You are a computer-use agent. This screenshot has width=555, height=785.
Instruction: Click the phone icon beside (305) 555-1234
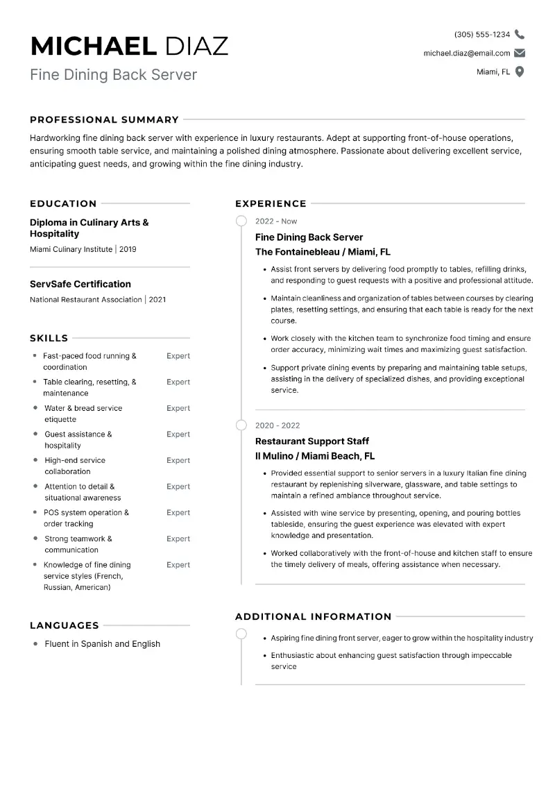coord(520,35)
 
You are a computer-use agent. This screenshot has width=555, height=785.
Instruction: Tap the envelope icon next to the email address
coord(520,53)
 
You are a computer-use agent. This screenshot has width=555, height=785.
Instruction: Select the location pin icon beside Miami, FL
coord(520,71)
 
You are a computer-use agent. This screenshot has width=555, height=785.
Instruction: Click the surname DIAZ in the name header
coord(196,46)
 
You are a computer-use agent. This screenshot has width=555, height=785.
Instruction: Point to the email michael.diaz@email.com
coord(467,53)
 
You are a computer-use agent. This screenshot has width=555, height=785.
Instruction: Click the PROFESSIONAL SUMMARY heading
coord(104,119)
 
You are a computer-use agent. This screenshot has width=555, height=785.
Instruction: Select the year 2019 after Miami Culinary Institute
coord(128,249)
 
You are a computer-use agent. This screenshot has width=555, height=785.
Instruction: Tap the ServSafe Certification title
coord(80,284)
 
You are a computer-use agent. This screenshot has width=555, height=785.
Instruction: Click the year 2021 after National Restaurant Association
coord(157,300)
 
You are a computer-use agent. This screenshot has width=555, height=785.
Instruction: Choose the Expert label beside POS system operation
coord(178,513)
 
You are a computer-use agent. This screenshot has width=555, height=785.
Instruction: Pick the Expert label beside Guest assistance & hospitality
coord(178,434)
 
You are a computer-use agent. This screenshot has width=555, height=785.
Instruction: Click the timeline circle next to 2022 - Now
coord(241,221)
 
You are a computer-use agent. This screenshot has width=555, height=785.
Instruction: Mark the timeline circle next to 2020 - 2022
coord(241,425)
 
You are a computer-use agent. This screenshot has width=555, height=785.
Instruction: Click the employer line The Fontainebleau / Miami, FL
coord(323,252)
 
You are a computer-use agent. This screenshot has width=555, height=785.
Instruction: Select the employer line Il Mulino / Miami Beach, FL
coord(315,456)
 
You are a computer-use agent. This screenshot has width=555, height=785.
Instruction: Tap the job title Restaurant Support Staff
coord(312,441)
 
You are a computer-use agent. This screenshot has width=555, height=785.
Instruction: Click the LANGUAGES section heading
coord(65,625)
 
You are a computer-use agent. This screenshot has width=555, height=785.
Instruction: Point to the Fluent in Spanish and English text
coord(102,644)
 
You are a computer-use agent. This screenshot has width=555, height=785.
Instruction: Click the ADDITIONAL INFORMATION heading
coord(313,616)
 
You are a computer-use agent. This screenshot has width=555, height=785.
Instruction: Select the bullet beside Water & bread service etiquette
coord(35,408)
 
